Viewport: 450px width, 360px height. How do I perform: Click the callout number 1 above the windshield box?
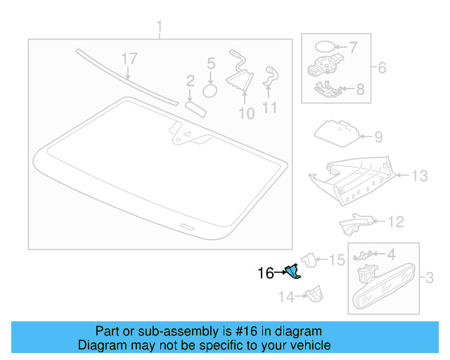coord(159,28)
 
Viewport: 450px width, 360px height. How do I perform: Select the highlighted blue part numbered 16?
coord(292,271)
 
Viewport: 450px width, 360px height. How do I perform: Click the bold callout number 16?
coord(266,274)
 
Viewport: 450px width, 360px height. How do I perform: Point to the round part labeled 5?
coord(210,90)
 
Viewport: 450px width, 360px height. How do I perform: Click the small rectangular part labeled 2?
coord(194,106)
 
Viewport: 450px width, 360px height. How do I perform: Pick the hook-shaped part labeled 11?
coord(271,77)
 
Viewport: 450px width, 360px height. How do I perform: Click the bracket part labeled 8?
coord(328,89)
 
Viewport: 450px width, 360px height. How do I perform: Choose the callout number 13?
coord(419,176)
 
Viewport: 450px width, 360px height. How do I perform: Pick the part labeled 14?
coord(313,294)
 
